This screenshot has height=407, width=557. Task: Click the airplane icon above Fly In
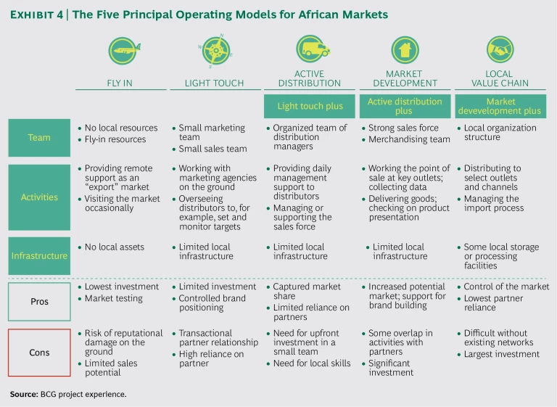click(122, 50)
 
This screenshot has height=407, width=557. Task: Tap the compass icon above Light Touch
click(215, 50)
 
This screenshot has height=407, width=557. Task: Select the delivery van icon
click(311, 49)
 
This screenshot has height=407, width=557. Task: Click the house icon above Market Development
click(404, 49)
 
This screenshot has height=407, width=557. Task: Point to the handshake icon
click(500, 49)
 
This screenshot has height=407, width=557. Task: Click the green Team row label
click(39, 137)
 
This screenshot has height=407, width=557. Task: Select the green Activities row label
click(39, 197)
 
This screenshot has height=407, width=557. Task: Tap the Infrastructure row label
click(39, 255)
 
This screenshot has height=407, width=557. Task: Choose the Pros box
click(39, 301)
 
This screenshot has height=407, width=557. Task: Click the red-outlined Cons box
click(39, 353)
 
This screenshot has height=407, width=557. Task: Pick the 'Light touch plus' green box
click(310, 106)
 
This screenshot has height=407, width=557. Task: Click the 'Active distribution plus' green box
click(404, 106)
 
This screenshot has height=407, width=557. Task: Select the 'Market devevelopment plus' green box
click(500, 106)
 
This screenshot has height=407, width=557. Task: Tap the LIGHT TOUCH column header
click(215, 83)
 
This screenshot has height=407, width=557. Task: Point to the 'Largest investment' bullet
click(502, 354)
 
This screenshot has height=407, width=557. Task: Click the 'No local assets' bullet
click(115, 247)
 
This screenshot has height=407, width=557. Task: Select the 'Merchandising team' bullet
click(409, 139)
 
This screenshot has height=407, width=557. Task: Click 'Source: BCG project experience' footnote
click(68, 394)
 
